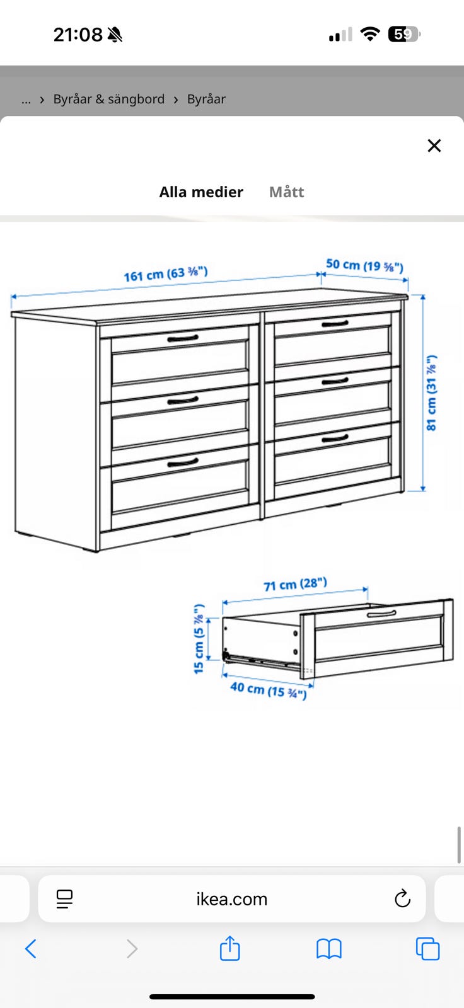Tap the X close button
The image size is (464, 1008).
[434, 146]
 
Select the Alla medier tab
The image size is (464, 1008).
[201, 192]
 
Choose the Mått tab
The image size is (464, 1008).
[286, 192]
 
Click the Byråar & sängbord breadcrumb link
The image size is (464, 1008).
[109, 99]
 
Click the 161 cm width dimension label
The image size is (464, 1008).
[166, 273]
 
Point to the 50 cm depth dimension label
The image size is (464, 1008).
[364, 265]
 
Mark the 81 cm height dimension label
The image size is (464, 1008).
[431, 393]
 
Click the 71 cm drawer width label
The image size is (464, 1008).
[295, 585]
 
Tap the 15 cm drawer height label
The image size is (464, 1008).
[199, 639]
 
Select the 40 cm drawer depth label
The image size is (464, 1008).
[269, 689]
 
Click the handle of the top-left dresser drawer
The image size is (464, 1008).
[182, 338]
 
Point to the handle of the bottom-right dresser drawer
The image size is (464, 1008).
[335, 438]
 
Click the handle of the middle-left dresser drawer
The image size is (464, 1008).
[182, 400]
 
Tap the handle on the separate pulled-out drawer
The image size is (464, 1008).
[381, 614]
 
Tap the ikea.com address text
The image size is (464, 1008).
[231, 899]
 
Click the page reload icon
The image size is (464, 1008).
[402, 898]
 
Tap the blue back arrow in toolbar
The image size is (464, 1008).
[31, 949]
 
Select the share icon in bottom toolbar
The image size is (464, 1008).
[229, 948]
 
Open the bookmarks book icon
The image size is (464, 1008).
[329, 949]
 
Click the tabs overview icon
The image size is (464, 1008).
[427, 949]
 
